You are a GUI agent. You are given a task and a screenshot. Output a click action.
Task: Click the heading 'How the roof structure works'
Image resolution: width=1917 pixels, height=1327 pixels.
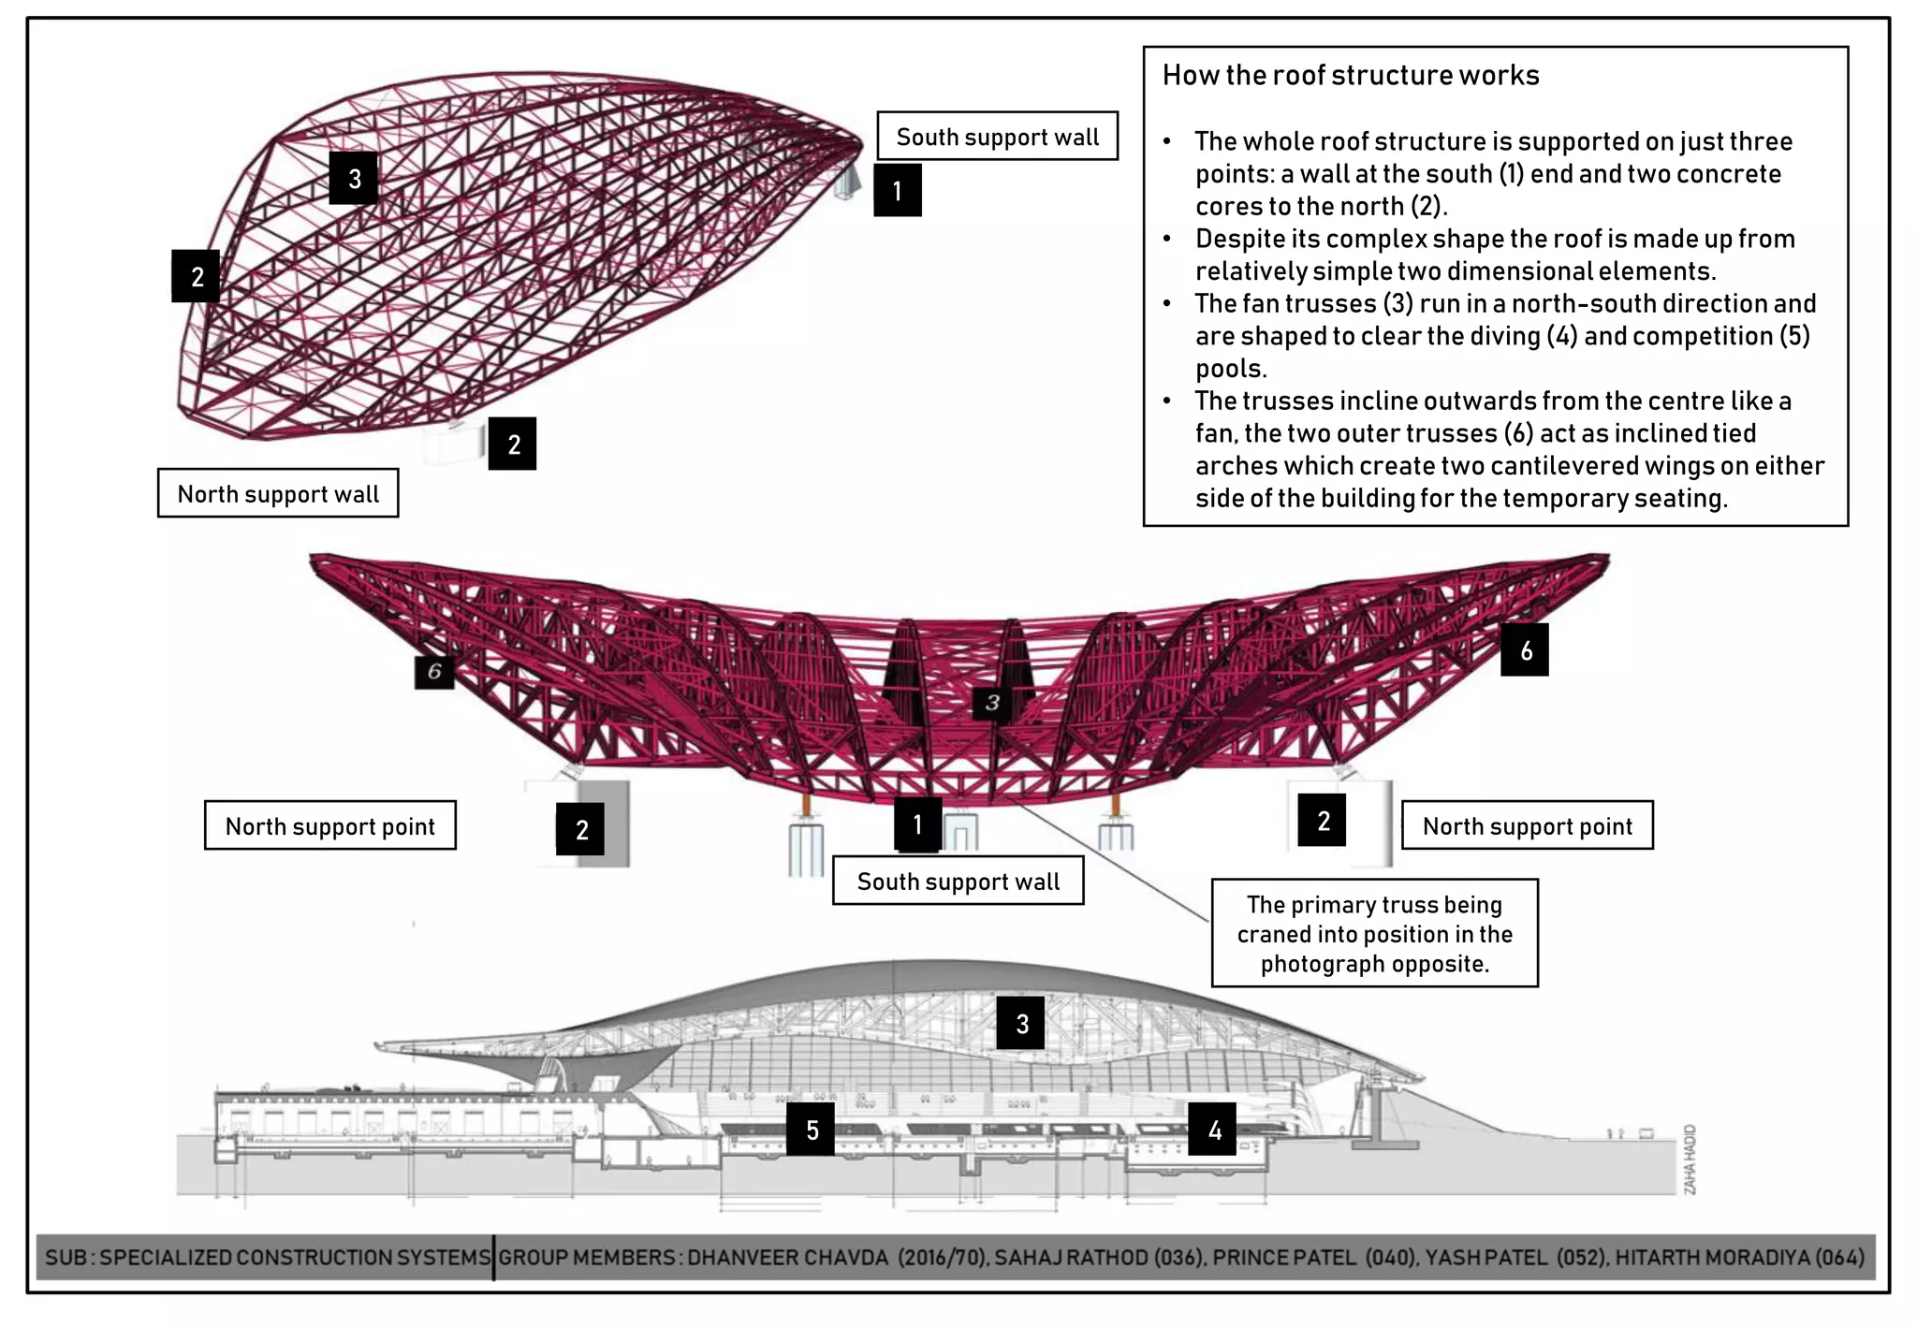click(1350, 75)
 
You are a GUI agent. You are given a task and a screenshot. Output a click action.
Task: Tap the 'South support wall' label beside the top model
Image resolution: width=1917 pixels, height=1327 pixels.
click(997, 137)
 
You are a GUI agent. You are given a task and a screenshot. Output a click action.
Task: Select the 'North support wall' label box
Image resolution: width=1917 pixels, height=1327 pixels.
click(278, 494)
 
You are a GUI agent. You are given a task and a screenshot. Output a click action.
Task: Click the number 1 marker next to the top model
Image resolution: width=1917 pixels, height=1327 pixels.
click(898, 191)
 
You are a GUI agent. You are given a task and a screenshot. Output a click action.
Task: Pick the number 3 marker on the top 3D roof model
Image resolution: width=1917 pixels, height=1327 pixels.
click(354, 179)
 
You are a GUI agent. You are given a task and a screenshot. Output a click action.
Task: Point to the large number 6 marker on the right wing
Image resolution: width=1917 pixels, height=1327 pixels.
click(1525, 650)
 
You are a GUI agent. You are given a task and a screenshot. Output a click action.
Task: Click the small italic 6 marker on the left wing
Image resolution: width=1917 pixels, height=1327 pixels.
click(434, 671)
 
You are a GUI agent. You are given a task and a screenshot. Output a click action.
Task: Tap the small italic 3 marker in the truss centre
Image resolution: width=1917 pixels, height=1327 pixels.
click(992, 702)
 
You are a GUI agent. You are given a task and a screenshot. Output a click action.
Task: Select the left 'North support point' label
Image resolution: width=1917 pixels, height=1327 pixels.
click(329, 825)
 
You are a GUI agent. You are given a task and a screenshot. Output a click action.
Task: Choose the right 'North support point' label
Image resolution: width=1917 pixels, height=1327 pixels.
click(1527, 825)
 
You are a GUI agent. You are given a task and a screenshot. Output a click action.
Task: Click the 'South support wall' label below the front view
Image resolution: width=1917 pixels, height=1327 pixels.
click(958, 881)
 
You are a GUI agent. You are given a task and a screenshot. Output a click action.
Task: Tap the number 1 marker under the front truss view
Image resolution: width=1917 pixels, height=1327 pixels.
click(917, 824)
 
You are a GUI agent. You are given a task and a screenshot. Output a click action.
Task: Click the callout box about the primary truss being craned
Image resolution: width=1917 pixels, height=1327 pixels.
click(1374, 933)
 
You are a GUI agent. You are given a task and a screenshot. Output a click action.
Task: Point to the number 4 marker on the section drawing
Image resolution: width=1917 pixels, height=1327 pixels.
click(1213, 1130)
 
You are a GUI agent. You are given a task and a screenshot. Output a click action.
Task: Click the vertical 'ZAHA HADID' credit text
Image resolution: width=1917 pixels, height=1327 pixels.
click(1690, 1159)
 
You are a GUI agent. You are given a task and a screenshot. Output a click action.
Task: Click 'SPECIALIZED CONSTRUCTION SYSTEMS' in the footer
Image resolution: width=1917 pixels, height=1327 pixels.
click(295, 1257)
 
